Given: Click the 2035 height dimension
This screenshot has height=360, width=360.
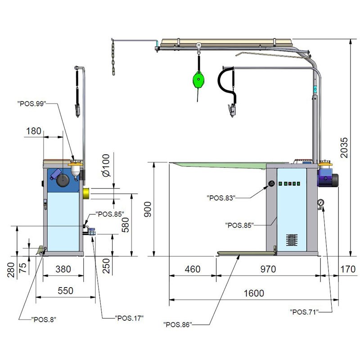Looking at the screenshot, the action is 344,148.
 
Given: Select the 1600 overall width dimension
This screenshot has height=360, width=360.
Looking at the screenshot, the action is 254,293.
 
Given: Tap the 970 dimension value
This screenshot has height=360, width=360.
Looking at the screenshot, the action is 268,269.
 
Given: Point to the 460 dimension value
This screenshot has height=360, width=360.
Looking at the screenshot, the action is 193,269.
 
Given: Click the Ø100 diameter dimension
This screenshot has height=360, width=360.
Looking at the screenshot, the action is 106,165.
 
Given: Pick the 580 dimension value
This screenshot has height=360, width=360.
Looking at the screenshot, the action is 126,225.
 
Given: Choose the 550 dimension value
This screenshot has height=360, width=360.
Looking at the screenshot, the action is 65,291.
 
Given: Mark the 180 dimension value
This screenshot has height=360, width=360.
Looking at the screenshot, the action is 33,131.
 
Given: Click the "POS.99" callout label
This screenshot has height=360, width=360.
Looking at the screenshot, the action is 31,103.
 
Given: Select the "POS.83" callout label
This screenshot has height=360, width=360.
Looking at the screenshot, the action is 221,198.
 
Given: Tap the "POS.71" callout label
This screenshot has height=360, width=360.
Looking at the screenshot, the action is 304,312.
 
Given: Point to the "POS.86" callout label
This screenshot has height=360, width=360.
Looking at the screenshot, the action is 177,324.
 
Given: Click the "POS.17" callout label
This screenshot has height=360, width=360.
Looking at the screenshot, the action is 129,318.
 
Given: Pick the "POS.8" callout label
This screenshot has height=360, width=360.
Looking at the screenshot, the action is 44,319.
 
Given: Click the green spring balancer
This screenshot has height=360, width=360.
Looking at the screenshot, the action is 198,80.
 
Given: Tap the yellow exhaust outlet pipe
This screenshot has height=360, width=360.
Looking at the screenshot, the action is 86,193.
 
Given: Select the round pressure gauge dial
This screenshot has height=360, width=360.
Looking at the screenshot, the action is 320,203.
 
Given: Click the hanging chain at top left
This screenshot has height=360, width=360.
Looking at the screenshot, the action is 113,57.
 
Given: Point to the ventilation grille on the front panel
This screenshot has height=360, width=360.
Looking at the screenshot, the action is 292,240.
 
